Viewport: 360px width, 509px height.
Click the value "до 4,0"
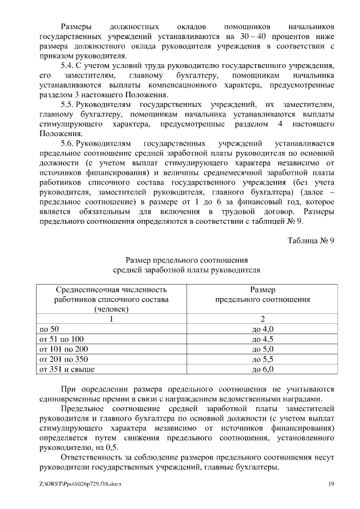[263, 329]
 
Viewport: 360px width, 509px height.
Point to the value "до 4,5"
[263, 339]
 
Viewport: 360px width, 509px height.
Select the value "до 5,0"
[263, 349]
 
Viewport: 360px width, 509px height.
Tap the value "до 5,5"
[263, 359]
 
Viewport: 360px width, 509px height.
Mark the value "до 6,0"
[263, 370]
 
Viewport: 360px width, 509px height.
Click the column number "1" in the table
[111, 319]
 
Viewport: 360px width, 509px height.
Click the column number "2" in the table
[263, 319]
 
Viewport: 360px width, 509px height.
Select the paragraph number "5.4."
[67, 66]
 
